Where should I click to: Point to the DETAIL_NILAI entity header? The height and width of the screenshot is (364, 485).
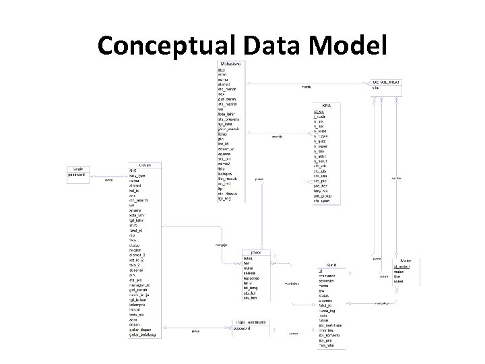(x=387, y=82)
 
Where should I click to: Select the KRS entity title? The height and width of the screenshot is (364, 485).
(x=327, y=105)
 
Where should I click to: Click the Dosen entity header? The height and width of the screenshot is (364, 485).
(x=145, y=165)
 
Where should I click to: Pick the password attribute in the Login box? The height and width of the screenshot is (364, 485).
(x=77, y=175)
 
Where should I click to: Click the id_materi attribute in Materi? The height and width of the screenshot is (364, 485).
(x=402, y=268)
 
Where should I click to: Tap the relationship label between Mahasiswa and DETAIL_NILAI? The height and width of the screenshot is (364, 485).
(x=306, y=87)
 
